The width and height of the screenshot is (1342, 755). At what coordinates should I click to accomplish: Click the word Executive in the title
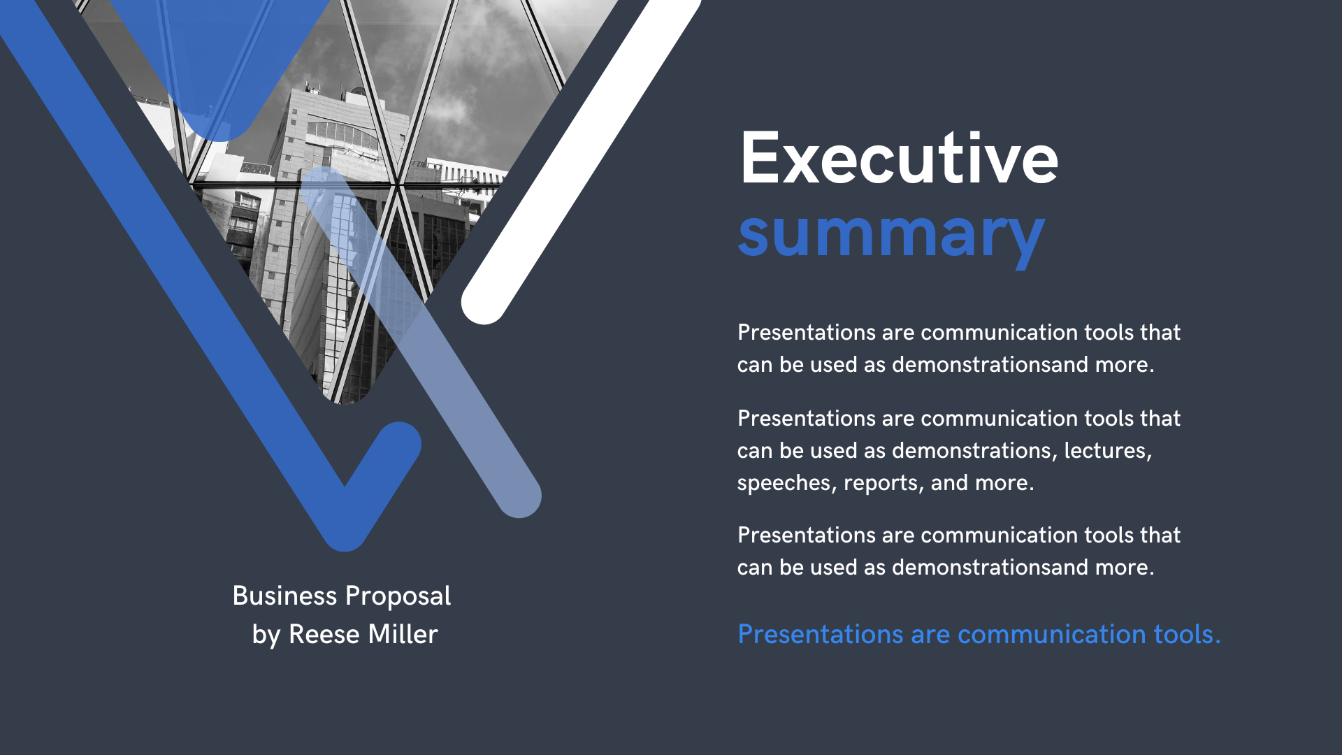point(899,159)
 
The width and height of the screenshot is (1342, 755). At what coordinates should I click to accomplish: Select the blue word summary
point(891,234)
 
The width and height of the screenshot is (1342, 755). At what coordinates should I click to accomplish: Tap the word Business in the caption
point(284,596)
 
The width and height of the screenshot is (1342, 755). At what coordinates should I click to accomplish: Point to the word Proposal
point(398,596)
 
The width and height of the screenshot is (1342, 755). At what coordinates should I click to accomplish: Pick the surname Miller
point(403,635)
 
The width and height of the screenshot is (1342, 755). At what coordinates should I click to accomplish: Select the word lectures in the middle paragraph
point(1107,451)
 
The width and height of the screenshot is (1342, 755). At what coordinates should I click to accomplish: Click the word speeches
point(786,483)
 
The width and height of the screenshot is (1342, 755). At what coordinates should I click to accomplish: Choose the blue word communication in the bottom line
point(1051,635)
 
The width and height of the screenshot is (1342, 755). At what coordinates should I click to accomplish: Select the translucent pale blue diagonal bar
point(447,377)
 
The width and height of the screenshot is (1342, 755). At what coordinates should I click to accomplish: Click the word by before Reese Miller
point(266,635)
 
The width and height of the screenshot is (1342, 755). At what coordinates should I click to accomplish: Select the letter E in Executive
point(760,159)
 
